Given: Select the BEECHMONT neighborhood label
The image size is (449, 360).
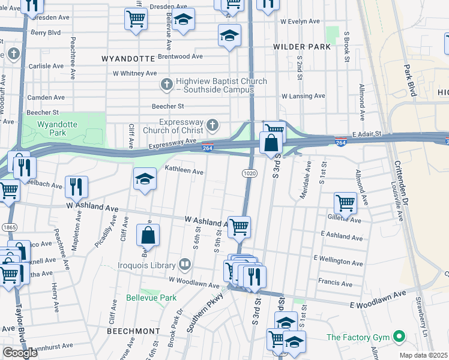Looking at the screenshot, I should (x=131, y=331).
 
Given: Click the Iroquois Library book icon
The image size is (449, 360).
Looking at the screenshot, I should (x=185, y=264).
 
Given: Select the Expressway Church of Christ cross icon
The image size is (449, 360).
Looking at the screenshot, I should (x=211, y=125).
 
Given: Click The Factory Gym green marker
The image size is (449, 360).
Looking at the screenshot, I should (x=397, y=338).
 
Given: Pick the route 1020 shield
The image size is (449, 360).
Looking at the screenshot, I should (x=250, y=173).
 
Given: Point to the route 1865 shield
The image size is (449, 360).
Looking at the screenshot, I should (x=9, y=227).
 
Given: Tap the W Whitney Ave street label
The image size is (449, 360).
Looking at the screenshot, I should (x=135, y=73).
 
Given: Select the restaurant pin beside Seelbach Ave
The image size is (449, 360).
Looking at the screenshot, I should (x=76, y=186).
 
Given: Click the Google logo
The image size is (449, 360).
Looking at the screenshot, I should (x=20, y=353).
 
